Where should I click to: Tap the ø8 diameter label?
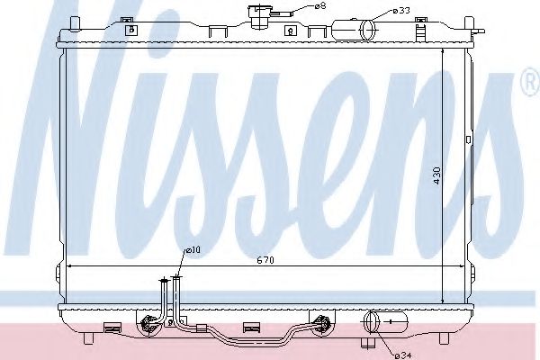click(319, 7)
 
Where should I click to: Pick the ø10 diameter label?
click(193, 250)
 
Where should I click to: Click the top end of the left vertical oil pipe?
click(165, 280)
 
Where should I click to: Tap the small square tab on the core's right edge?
click(468, 139)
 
